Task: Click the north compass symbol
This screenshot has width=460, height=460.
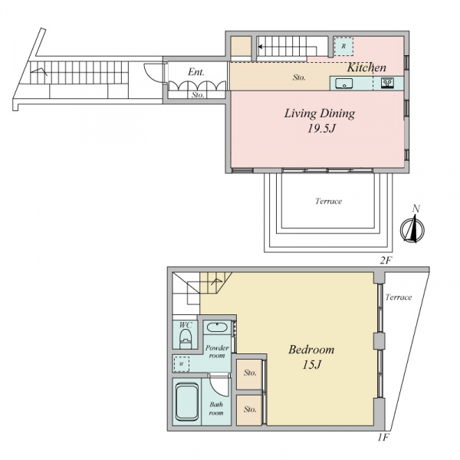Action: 412,228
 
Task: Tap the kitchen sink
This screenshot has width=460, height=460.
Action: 343,84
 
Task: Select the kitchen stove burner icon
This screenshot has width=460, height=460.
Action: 388,83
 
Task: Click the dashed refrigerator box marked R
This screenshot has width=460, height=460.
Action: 343,46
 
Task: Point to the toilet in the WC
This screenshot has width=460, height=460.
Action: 186,339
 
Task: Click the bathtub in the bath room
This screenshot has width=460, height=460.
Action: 188,402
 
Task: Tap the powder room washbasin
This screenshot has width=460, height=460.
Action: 217,327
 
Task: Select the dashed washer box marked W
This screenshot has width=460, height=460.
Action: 181,363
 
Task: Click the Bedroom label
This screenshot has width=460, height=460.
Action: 311,350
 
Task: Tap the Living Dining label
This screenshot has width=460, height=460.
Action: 320,113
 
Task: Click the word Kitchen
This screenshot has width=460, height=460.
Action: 366,67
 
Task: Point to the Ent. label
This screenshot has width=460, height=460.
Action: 196,72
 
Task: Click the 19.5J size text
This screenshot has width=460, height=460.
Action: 321,129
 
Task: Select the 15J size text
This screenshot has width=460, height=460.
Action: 312,365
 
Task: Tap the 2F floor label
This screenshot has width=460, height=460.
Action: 386,261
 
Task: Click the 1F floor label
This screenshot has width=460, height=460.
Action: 383,438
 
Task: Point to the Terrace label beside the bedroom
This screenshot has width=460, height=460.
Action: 399,297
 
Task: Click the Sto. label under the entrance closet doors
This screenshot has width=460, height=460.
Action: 198,95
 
